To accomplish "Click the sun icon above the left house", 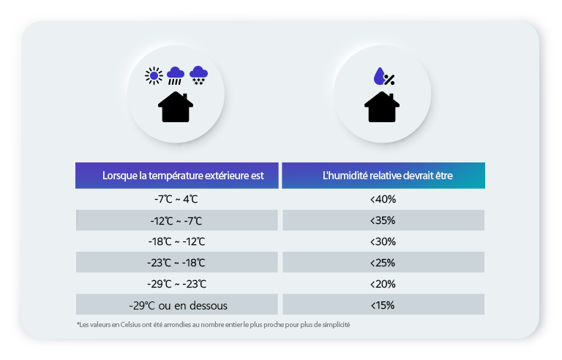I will click(x=153, y=75).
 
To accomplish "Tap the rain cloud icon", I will click(x=176, y=75).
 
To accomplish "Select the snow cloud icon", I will click(x=198, y=75).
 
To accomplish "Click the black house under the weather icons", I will click(x=176, y=107).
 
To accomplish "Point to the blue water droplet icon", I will click(x=378, y=75).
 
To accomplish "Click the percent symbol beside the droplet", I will click(x=389, y=80).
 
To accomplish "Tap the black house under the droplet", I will click(x=382, y=107).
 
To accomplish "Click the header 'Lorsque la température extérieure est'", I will click(x=178, y=176).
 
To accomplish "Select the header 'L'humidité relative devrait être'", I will click(x=383, y=176).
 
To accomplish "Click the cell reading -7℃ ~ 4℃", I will click(x=176, y=199).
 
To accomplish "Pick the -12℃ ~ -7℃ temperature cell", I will click(x=176, y=220).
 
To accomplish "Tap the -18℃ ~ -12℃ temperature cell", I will click(x=176, y=241).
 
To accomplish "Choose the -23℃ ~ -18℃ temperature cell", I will click(x=176, y=263).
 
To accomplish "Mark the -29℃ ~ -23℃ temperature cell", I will click(x=176, y=284).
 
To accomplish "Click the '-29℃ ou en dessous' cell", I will click(x=176, y=305).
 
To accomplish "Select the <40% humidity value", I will click(x=383, y=199).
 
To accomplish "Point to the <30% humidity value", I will click(x=383, y=241).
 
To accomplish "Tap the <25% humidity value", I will click(x=383, y=263).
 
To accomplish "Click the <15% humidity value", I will click(x=383, y=305).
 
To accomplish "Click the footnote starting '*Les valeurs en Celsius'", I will click(x=213, y=325).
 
